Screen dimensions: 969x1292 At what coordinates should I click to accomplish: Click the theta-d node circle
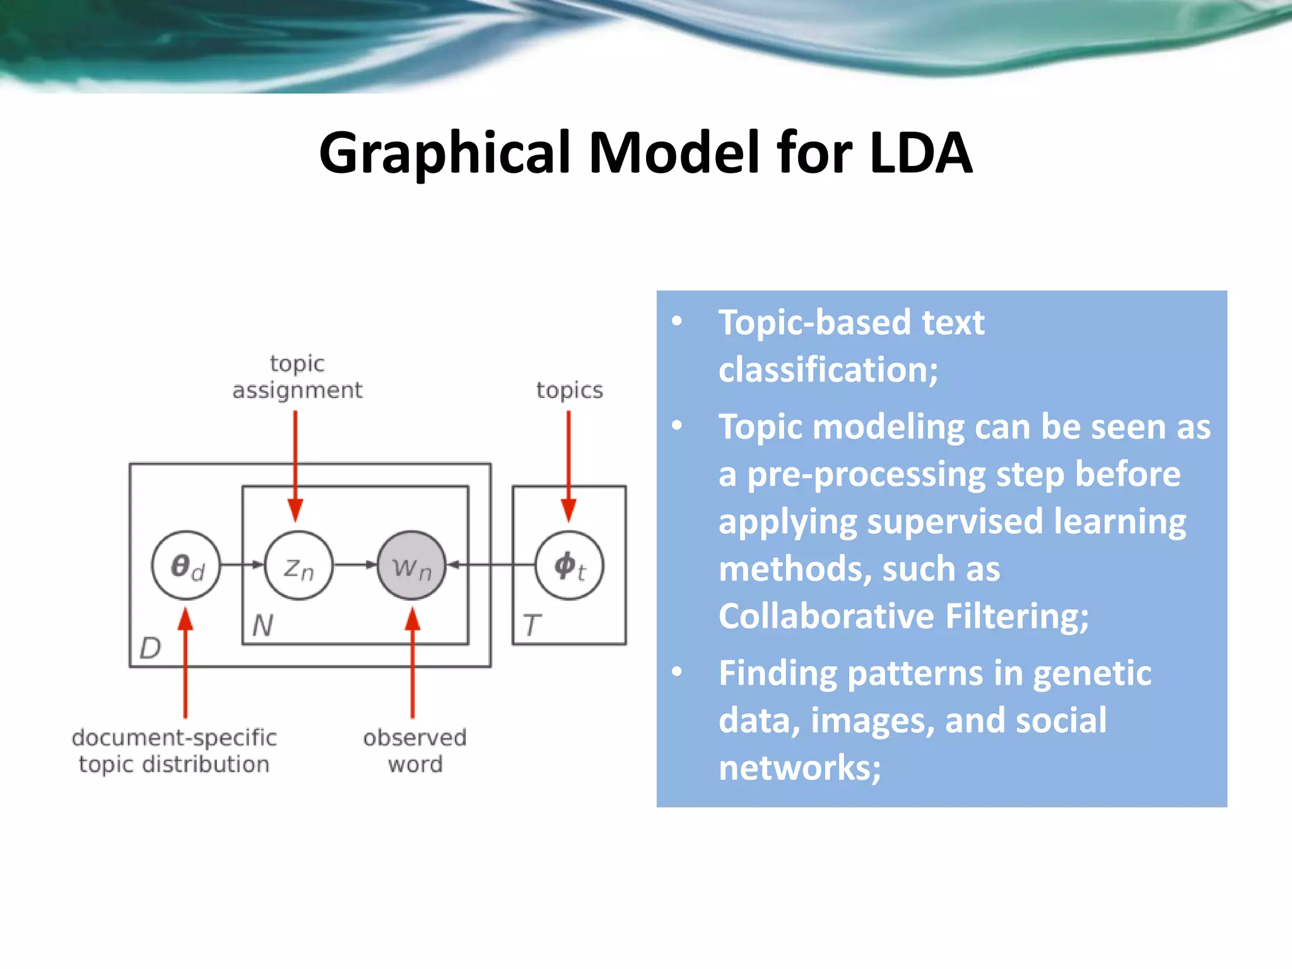click(x=186, y=565)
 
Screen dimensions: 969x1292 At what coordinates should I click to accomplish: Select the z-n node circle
click(x=298, y=565)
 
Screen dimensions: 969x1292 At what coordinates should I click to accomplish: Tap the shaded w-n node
click(x=411, y=565)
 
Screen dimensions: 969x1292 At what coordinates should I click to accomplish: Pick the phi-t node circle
click(x=569, y=565)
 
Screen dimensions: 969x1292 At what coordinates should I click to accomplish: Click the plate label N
click(x=262, y=626)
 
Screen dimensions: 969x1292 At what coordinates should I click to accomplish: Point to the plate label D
click(x=150, y=648)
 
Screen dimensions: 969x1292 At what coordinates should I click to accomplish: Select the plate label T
click(x=531, y=626)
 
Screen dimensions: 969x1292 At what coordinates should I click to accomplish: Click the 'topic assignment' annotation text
click(x=297, y=377)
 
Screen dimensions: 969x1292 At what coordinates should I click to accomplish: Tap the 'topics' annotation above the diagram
click(x=569, y=391)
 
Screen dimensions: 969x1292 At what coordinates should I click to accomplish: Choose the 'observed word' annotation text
click(x=414, y=751)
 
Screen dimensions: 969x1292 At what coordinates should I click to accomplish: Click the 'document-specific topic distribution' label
click(x=174, y=751)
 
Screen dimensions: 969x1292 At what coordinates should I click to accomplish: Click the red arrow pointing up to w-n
click(x=413, y=662)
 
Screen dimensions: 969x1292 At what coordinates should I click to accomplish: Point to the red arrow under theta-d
click(x=185, y=662)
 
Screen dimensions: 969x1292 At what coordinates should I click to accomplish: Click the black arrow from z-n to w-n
click(x=355, y=565)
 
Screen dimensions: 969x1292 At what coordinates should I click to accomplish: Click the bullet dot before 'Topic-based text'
click(x=677, y=321)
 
